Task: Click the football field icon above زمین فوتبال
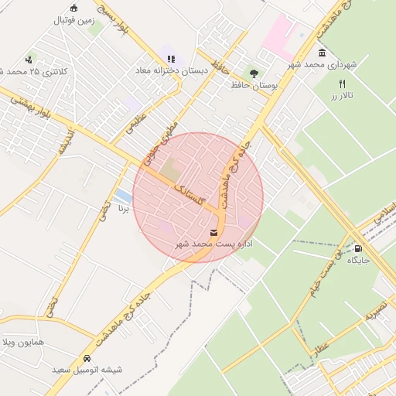(x=73, y=9)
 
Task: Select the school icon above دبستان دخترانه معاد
(x=171, y=58)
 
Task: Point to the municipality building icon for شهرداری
(x=321, y=53)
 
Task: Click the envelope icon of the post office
(x=213, y=233)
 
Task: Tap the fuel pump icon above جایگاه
(x=358, y=248)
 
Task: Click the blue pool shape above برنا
(x=122, y=196)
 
